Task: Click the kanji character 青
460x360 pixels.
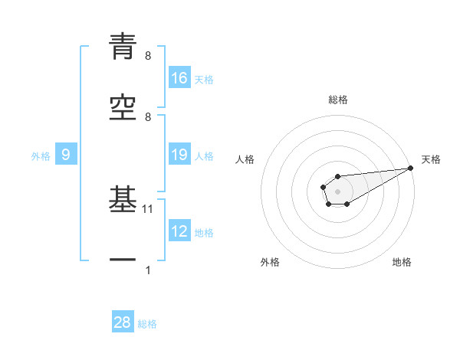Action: (x=123, y=47)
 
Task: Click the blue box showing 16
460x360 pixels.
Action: (x=179, y=78)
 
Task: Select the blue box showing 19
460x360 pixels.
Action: (x=179, y=155)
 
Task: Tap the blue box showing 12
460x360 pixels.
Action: (x=179, y=232)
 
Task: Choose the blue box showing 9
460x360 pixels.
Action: (x=66, y=155)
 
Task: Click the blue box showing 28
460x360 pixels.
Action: (x=123, y=322)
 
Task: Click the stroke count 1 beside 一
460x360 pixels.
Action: (x=148, y=270)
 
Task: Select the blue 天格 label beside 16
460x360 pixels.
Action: (x=204, y=79)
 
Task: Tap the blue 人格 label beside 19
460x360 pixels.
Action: (x=204, y=156)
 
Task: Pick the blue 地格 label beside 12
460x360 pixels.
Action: (x=204, y=233)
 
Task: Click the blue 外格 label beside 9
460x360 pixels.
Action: (x=41, y=156)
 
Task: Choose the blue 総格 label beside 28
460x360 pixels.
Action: (x=147, y=324)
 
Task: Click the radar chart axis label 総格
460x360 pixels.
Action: (x=337, y=100)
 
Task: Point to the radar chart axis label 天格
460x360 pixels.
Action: (x=432, y=159)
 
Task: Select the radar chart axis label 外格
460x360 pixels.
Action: (x=270, y=262)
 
